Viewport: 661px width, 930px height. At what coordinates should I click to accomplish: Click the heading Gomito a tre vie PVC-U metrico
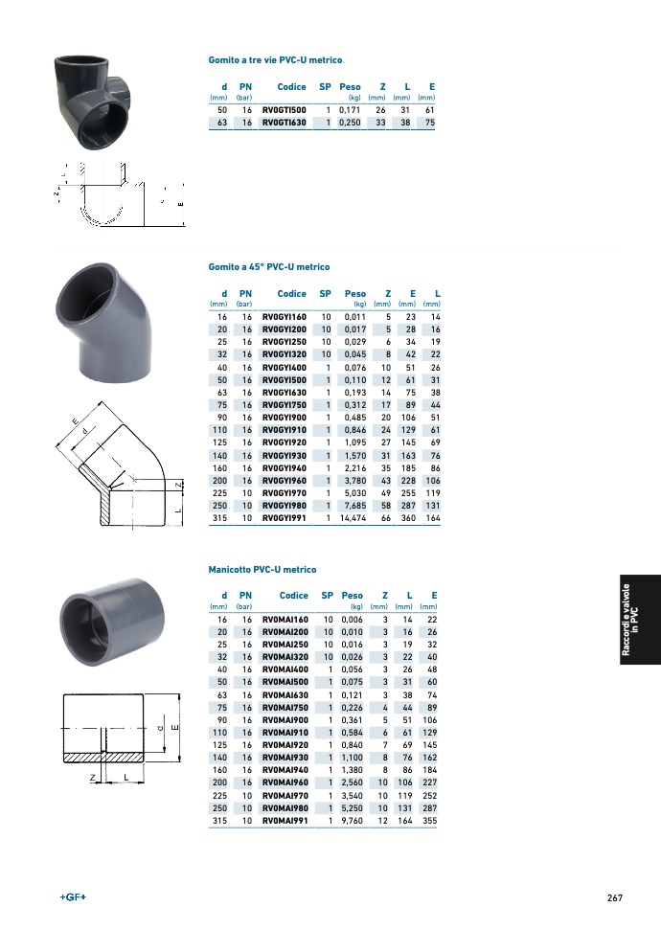point(275,60)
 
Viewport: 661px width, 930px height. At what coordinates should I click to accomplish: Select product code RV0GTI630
point(285,123)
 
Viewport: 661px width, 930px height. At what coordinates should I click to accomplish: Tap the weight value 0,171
point(350,110)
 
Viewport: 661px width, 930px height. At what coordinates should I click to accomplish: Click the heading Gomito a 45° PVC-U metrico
point(269,267)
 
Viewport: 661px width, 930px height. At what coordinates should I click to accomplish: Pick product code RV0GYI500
point(285,380)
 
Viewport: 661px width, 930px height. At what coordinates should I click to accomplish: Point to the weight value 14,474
point(353,518)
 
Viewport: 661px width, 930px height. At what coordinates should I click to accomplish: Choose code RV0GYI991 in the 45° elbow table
point(285,518)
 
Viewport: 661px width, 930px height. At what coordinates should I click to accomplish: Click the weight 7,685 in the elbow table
point(355,506)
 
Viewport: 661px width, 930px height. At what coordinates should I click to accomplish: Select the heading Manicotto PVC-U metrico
point(262,569)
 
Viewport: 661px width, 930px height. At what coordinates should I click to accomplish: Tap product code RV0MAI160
point(285,620)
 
